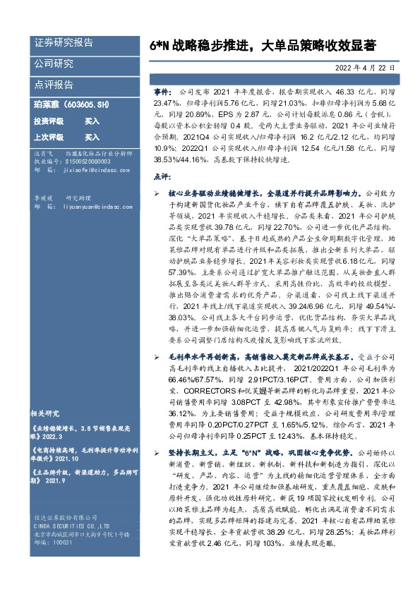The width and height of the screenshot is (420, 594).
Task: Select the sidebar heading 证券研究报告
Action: click(64, 43)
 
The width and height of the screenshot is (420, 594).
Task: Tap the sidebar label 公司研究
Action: click(54, 64)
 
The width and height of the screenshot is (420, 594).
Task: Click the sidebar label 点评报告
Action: click(54, 85)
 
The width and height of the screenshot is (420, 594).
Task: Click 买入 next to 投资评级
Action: click(92, 121)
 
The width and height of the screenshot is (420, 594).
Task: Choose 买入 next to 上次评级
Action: click(92, 137)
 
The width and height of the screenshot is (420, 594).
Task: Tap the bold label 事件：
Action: click(163, 93)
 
